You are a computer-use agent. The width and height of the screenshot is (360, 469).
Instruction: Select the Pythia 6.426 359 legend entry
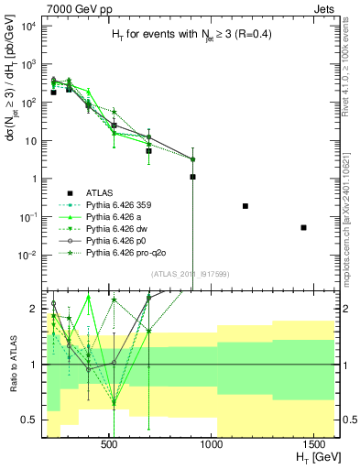pyautogui.click(x=128, y=207)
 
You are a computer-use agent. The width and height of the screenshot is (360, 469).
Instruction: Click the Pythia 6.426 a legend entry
pyautogui.click(x=124, y=221)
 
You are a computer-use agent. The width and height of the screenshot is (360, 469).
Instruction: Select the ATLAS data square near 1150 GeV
pyautogui.click(x=245, y=206)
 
